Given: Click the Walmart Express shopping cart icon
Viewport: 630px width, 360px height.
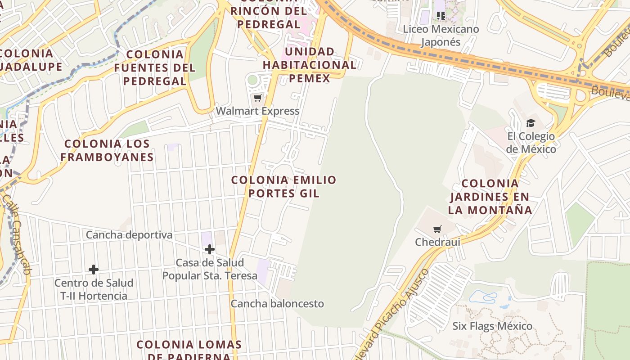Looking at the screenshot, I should tap(257, 98).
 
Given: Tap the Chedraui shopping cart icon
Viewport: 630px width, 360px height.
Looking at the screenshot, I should tap(437, 229).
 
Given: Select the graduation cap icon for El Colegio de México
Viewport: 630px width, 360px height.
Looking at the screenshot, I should tap(531, 123).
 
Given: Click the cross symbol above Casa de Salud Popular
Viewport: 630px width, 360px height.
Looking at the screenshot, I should tap(209, 249).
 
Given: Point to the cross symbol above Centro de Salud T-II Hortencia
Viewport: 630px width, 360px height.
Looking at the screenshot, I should tap(94, 270).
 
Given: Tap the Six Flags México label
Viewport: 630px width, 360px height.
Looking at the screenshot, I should tap(492, 326).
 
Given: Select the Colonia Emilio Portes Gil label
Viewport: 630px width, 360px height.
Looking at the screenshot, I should tap(283, 186).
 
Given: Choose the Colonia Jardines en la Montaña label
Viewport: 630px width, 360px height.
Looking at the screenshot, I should tap(490, 197).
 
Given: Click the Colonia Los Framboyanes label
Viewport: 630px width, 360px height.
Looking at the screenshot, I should tap(107, 150).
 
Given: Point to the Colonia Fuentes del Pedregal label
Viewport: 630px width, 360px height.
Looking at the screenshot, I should tap(155, 67).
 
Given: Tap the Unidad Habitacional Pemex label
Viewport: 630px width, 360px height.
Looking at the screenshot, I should tap(310, 65).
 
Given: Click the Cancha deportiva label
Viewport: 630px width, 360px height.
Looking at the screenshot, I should tap(129, 235).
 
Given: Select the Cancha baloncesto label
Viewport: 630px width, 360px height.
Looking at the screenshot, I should tap(277, 304).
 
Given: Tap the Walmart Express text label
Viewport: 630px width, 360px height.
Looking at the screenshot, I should tap(257, 111).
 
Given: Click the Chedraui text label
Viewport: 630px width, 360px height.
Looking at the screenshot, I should tap(437, 242).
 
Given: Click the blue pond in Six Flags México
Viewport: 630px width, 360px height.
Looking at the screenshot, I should tap(483, 297).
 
